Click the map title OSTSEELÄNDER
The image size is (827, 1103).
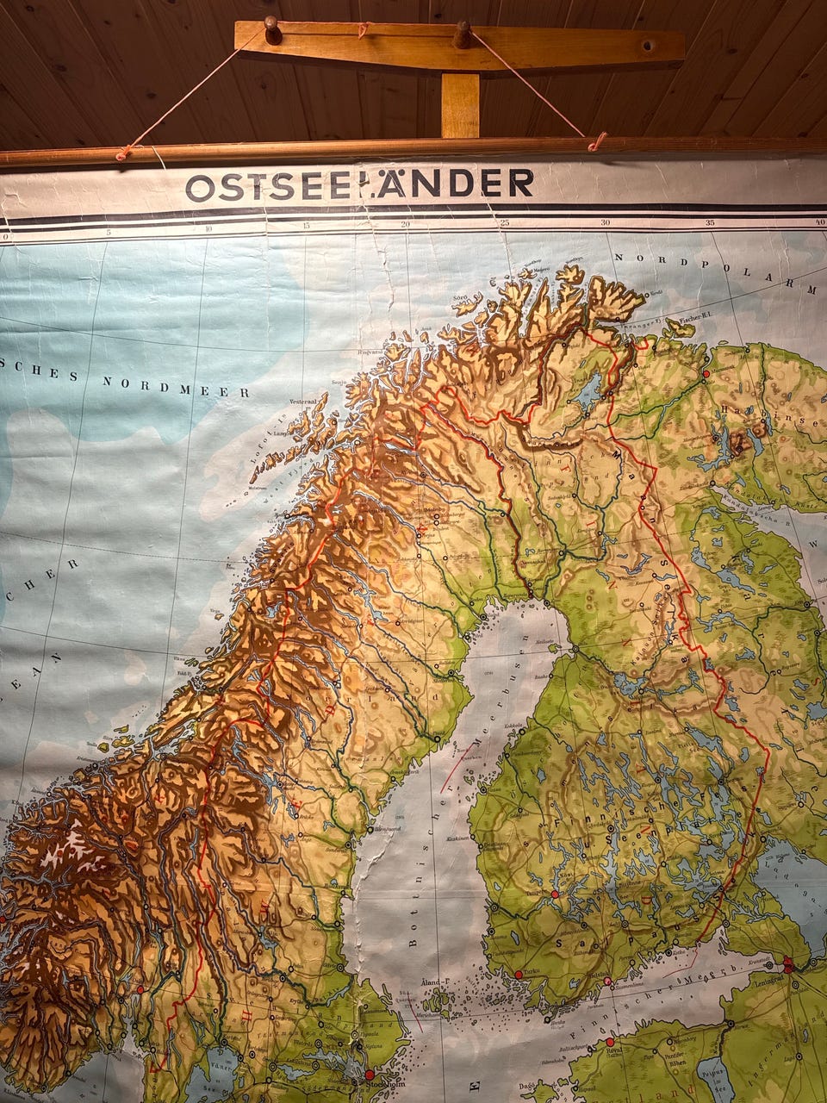click(359, 184)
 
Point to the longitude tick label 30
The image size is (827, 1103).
click(606, 223)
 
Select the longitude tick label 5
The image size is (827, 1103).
click(108, 231)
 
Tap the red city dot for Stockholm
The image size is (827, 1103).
click(370, 1075)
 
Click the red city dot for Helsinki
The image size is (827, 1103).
click(607, 981)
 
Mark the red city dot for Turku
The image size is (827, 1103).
click(518, 974)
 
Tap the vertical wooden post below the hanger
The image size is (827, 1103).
click(460, 105)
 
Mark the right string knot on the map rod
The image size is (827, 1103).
click(596, 140)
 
